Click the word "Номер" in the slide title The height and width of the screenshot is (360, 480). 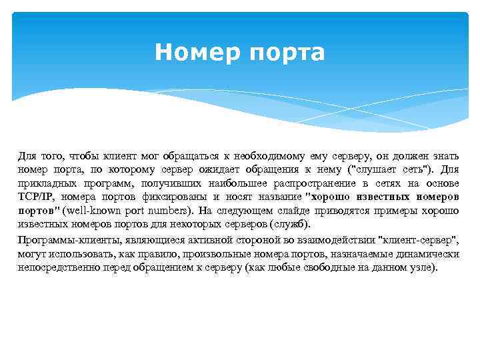(189, 53)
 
